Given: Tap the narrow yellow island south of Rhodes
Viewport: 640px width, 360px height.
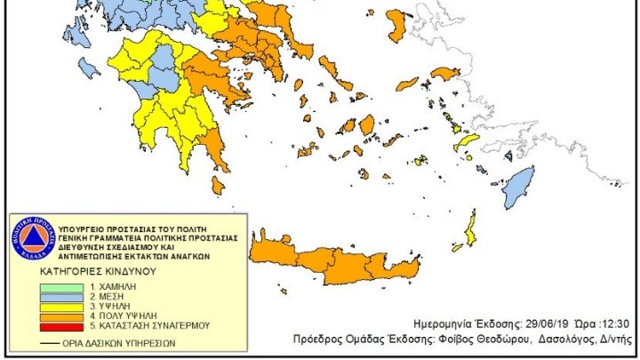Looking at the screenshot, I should [x=469, y=229].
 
